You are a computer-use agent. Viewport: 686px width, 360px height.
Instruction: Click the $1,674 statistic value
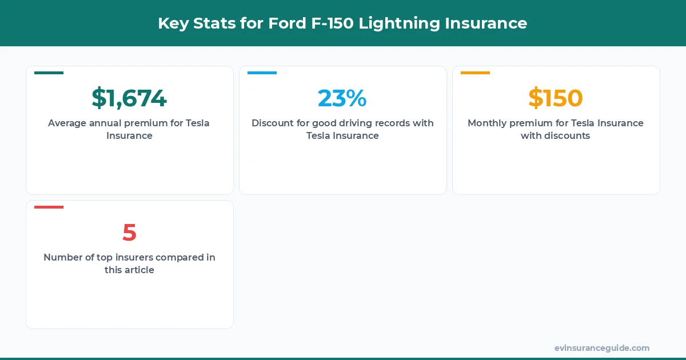point(129,98)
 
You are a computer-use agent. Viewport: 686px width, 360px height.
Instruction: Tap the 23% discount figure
point(342,98)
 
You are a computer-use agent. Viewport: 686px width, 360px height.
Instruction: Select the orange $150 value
point(556,98)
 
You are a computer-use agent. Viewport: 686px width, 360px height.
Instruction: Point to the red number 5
point(129,233)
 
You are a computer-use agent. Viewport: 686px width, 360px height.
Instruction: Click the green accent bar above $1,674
point(49,73)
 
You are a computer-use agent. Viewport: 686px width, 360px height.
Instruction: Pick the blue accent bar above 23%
point(262,73)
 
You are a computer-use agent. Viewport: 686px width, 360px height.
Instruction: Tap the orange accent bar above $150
point(475,73)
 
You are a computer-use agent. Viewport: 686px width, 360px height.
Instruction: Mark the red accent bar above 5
point(49,207)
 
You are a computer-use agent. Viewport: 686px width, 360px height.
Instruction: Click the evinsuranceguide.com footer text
point(601,348)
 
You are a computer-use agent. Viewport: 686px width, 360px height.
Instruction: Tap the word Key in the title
point(173,23)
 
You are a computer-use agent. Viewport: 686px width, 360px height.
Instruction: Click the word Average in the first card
point(67,123)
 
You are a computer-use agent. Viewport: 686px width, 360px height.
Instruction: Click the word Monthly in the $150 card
point(486,123)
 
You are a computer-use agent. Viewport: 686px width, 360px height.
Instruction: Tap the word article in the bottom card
point(139,270)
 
